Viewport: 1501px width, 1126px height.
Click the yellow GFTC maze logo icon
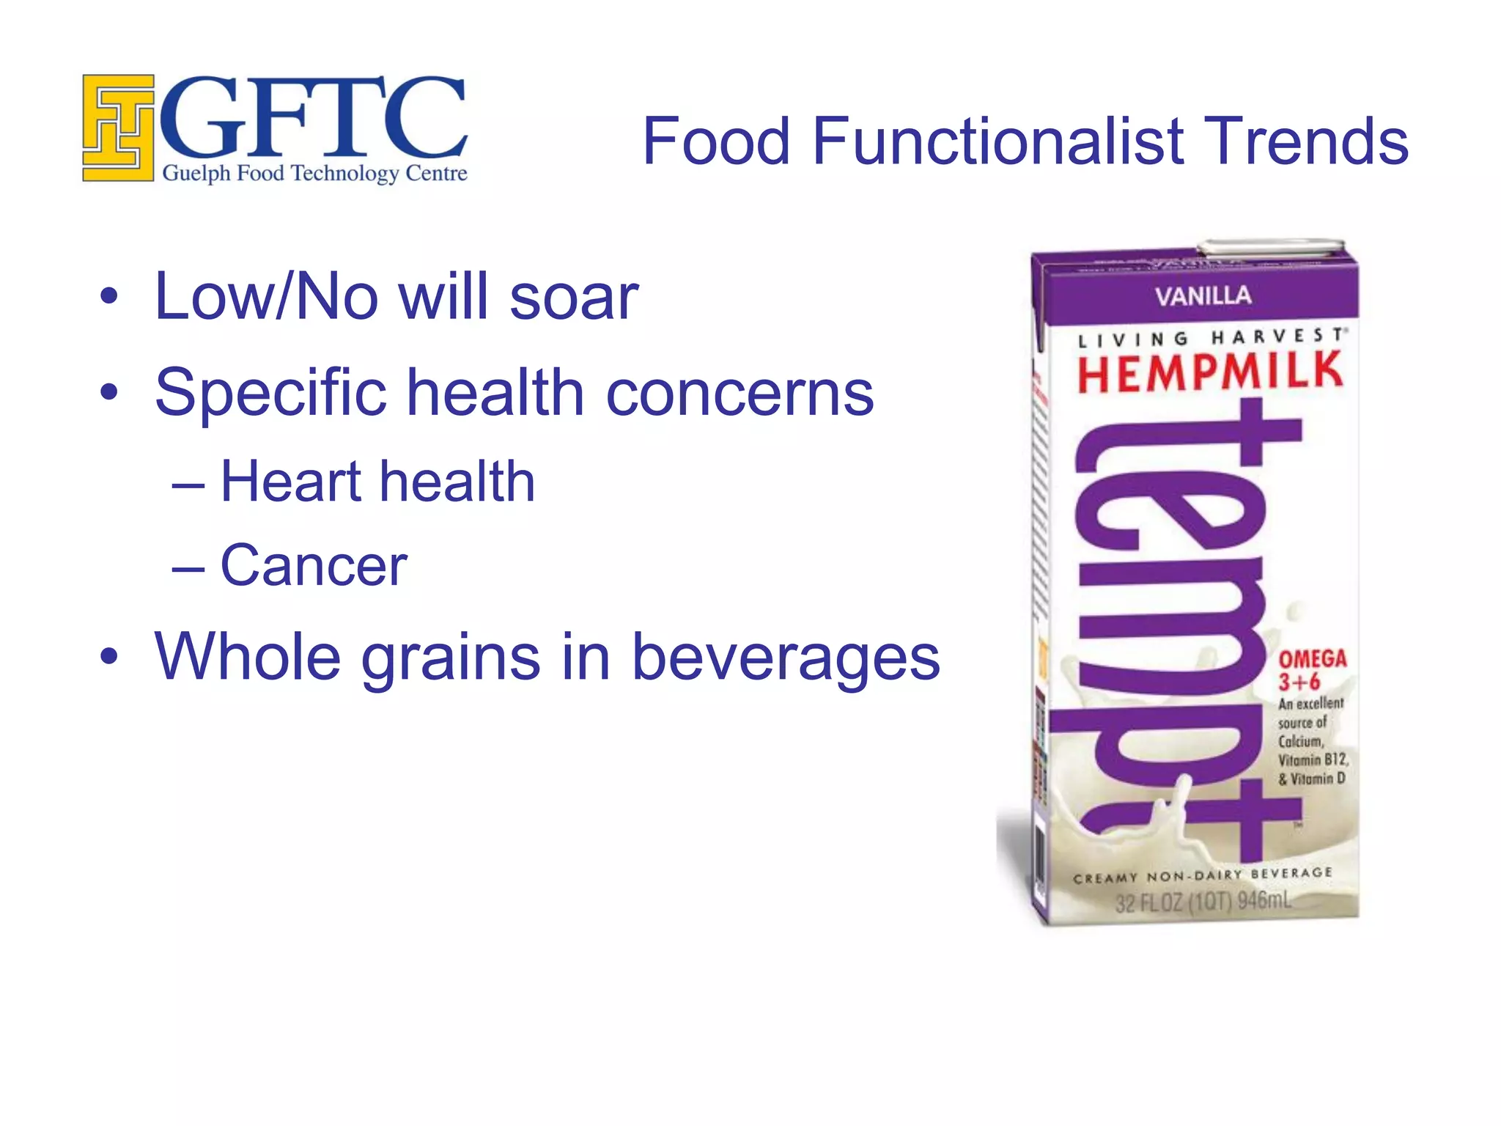118,128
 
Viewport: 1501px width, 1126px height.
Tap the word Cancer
314,566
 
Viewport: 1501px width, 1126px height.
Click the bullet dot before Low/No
109,298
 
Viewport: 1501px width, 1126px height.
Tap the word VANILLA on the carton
1203,296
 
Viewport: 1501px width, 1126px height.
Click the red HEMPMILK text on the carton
1209,372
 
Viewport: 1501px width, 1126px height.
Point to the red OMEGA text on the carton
1313,658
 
